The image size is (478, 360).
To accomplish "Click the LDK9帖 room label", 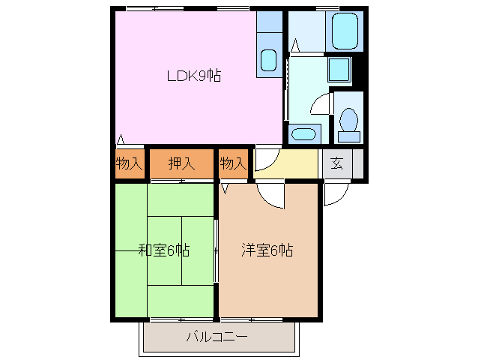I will [193, 75].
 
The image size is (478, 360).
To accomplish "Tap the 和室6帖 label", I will [164, 250].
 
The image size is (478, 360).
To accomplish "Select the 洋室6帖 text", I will [267, 250].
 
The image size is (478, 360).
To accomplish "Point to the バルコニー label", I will [217, 337].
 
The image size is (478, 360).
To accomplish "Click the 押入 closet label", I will [181, 163].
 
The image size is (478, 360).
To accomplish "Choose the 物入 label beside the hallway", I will [233, 163].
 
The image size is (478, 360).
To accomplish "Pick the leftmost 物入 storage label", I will [129, 163].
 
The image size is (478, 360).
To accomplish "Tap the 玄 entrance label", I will [337, 163].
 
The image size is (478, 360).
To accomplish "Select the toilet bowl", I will [348, 119].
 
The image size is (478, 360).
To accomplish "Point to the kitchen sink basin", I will [269, 59].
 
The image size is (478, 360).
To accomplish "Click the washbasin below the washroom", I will [303, 134].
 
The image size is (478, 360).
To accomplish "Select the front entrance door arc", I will [335, 195].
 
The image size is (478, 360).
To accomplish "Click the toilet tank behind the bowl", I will [348, 136].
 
